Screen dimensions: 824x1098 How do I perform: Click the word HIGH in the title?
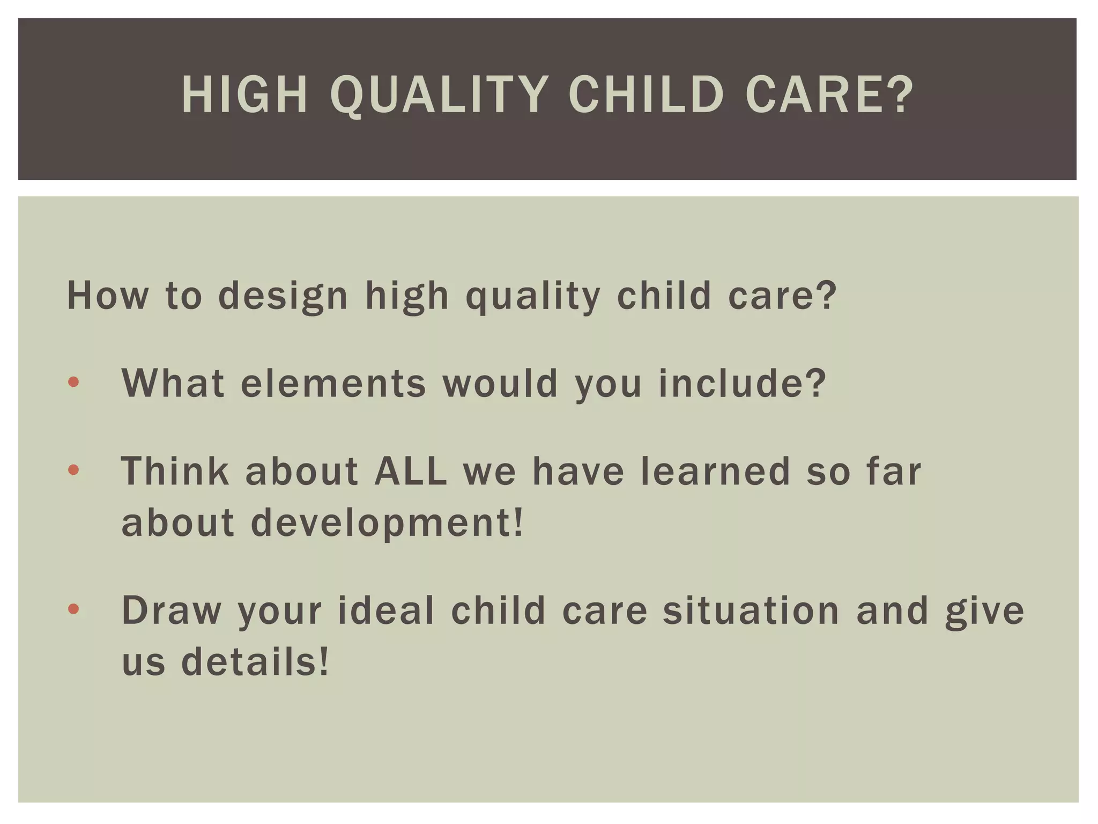pyautogui.click(x=244, y=95)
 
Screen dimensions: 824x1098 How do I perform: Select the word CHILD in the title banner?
pyautogui.click(x=646, y=95)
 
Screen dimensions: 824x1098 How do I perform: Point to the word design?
pyautogui.click(x=283, y=296)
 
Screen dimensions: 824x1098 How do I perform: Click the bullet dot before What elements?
pyautogui.click(x=74, y=382)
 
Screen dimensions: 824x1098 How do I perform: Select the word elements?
pyautogui.click(x=333, y=384)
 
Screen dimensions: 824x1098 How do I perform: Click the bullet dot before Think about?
pyautogui.click(x=74, y=470)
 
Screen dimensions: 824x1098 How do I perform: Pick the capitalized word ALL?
pyautogui.click(x=411, y=471)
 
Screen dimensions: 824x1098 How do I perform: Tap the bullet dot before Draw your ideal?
pyautogui.click(x=74, y=609)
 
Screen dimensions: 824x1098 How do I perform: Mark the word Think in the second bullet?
pyautogui.click(x=175, y=471)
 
